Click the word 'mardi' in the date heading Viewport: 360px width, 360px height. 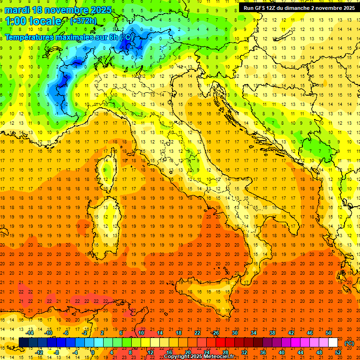tap(17, 10)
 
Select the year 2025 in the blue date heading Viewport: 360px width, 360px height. tap(99, 10)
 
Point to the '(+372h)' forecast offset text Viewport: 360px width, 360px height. tap(83, 21)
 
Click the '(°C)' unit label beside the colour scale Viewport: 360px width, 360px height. tap(349, 343)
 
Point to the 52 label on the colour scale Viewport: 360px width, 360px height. tap(338, 352)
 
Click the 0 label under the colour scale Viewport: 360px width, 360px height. tap(93, 352)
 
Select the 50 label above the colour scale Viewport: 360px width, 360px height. tap(329, 333)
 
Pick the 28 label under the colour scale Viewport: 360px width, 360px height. tap(225, 352)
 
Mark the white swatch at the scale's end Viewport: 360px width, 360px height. tap(333, 343)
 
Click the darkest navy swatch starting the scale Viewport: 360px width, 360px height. tap(23, 343)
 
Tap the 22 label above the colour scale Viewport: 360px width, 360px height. tap(197, 333)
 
